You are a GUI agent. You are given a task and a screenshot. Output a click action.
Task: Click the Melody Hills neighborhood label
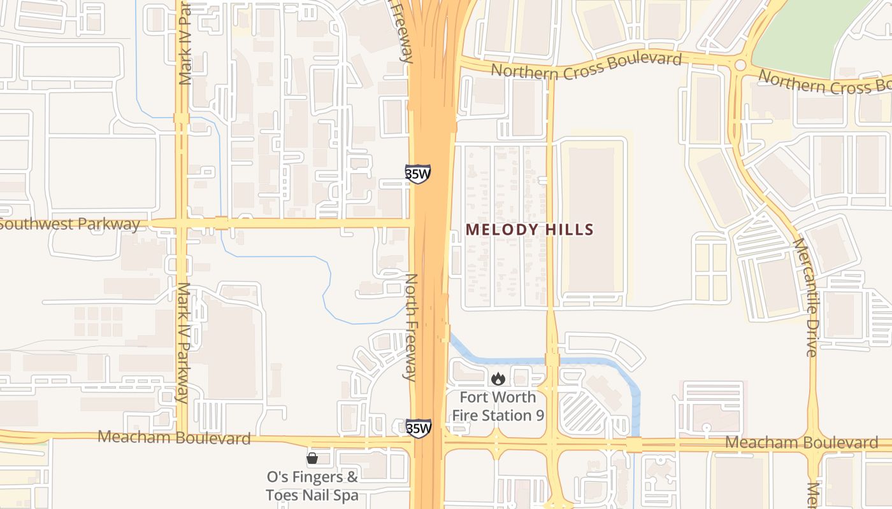(x=529, y=230)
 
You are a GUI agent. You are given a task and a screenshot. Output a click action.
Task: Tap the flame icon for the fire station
(x=498, y=379)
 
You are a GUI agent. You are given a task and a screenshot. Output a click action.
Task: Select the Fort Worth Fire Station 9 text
(x=498, y=406)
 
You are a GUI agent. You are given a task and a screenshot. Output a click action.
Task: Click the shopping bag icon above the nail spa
(x=312, y=458)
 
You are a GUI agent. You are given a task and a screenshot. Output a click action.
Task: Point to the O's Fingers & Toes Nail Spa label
(x=312, y=485)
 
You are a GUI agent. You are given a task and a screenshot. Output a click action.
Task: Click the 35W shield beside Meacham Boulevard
(x=419, y=428)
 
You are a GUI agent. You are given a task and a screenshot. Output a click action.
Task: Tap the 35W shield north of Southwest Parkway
(x=418, y=174)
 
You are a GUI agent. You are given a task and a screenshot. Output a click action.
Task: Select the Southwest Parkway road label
(x=70, y=224)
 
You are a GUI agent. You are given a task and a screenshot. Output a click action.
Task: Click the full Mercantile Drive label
(x=805, y=296)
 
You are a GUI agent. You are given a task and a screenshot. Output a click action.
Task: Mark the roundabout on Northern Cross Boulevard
(x=740, y=65)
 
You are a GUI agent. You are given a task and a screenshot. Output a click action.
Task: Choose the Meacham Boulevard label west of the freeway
(x=175, y=438)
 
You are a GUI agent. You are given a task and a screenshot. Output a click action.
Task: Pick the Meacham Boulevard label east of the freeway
(x=802, y=443)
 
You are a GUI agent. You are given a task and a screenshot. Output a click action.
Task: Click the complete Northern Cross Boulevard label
(x=586, y=66)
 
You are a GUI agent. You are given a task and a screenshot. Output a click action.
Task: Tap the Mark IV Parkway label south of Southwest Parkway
(x=183, y=342)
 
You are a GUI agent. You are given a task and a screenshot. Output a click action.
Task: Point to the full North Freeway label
(x=411, y=327)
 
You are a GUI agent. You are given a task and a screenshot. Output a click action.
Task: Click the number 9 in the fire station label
(x=539, y=415)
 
